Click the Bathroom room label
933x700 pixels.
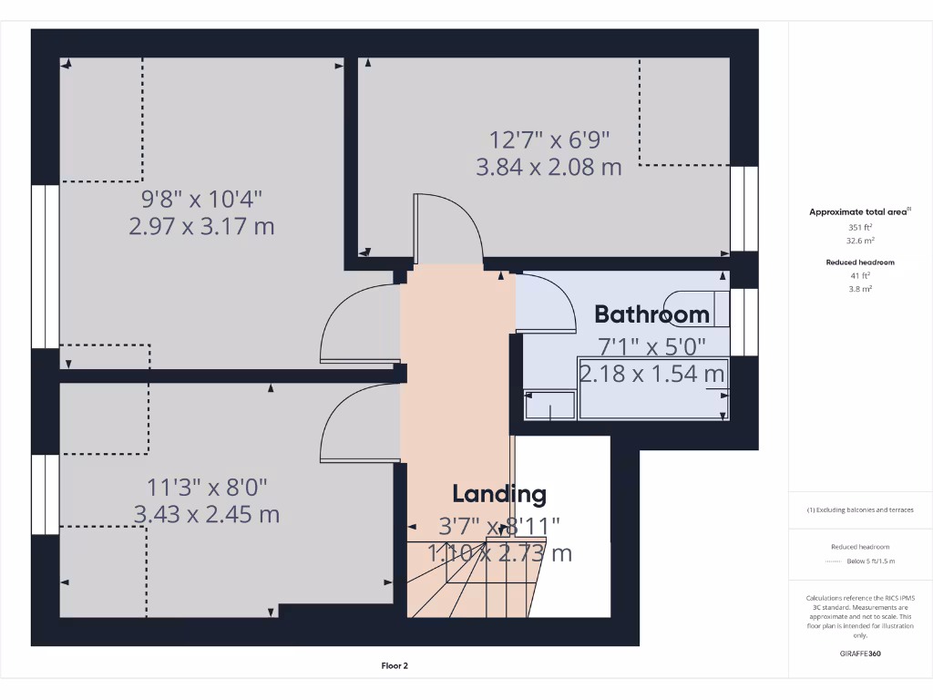(651, 314)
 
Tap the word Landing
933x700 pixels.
(499, 494)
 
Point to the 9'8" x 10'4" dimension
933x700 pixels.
(201, 198)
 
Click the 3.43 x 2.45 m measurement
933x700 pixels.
(206, 514)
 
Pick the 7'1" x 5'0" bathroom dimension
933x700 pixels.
(652, 346)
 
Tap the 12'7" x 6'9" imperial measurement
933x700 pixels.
(549, 140)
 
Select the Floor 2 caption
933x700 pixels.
(395, 666)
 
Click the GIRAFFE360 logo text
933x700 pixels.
(860, 654)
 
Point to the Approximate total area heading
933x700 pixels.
(859, 211)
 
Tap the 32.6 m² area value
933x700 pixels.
(860, 241)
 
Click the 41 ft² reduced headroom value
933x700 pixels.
(860, 275)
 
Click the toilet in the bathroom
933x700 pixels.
(698, 307)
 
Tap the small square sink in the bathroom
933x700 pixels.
(550, 405)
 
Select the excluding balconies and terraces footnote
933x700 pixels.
(860, 510)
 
